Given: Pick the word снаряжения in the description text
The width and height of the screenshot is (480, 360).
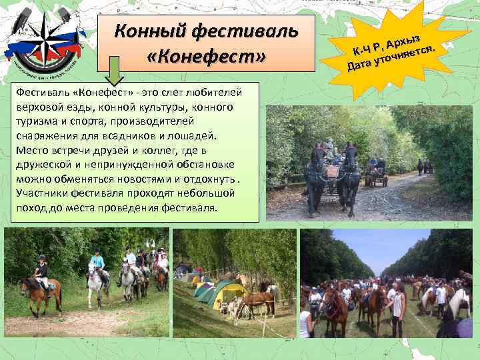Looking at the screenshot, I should point(43,135).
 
